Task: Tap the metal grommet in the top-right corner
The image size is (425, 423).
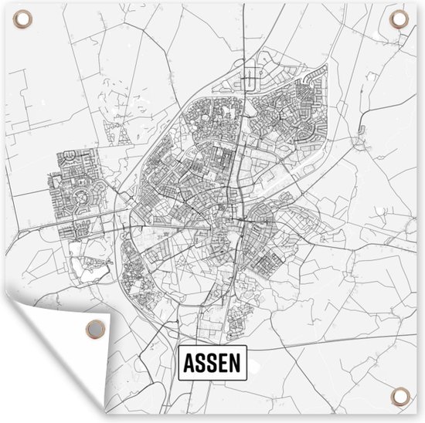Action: coord(399,19)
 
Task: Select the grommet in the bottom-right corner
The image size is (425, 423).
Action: coord(400,397)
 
